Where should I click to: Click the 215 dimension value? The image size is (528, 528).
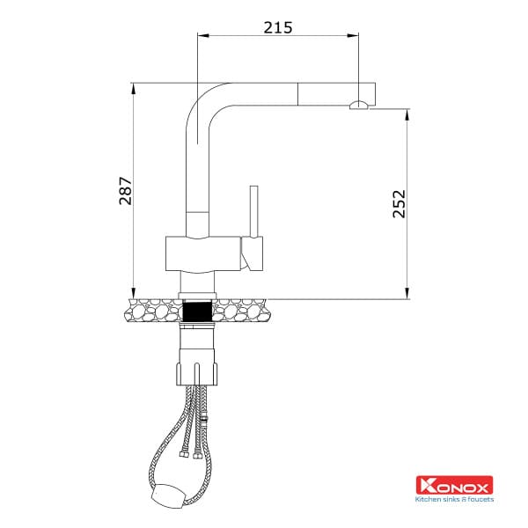coord(277,26)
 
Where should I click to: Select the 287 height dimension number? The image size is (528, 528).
coord(125,191)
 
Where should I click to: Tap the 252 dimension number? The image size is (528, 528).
coord(398,205)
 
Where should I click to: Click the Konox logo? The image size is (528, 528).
coord(453,485)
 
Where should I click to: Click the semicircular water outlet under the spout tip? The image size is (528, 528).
coord(358,106)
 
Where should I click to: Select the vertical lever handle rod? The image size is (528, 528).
coord(253,211)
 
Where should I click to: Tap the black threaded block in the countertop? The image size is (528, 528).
coord(198,310)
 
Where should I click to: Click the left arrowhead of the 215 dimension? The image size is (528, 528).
coord(202,36)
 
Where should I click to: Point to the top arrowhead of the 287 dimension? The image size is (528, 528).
coord(133,86)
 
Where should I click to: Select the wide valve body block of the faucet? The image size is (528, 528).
coord(202,255)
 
